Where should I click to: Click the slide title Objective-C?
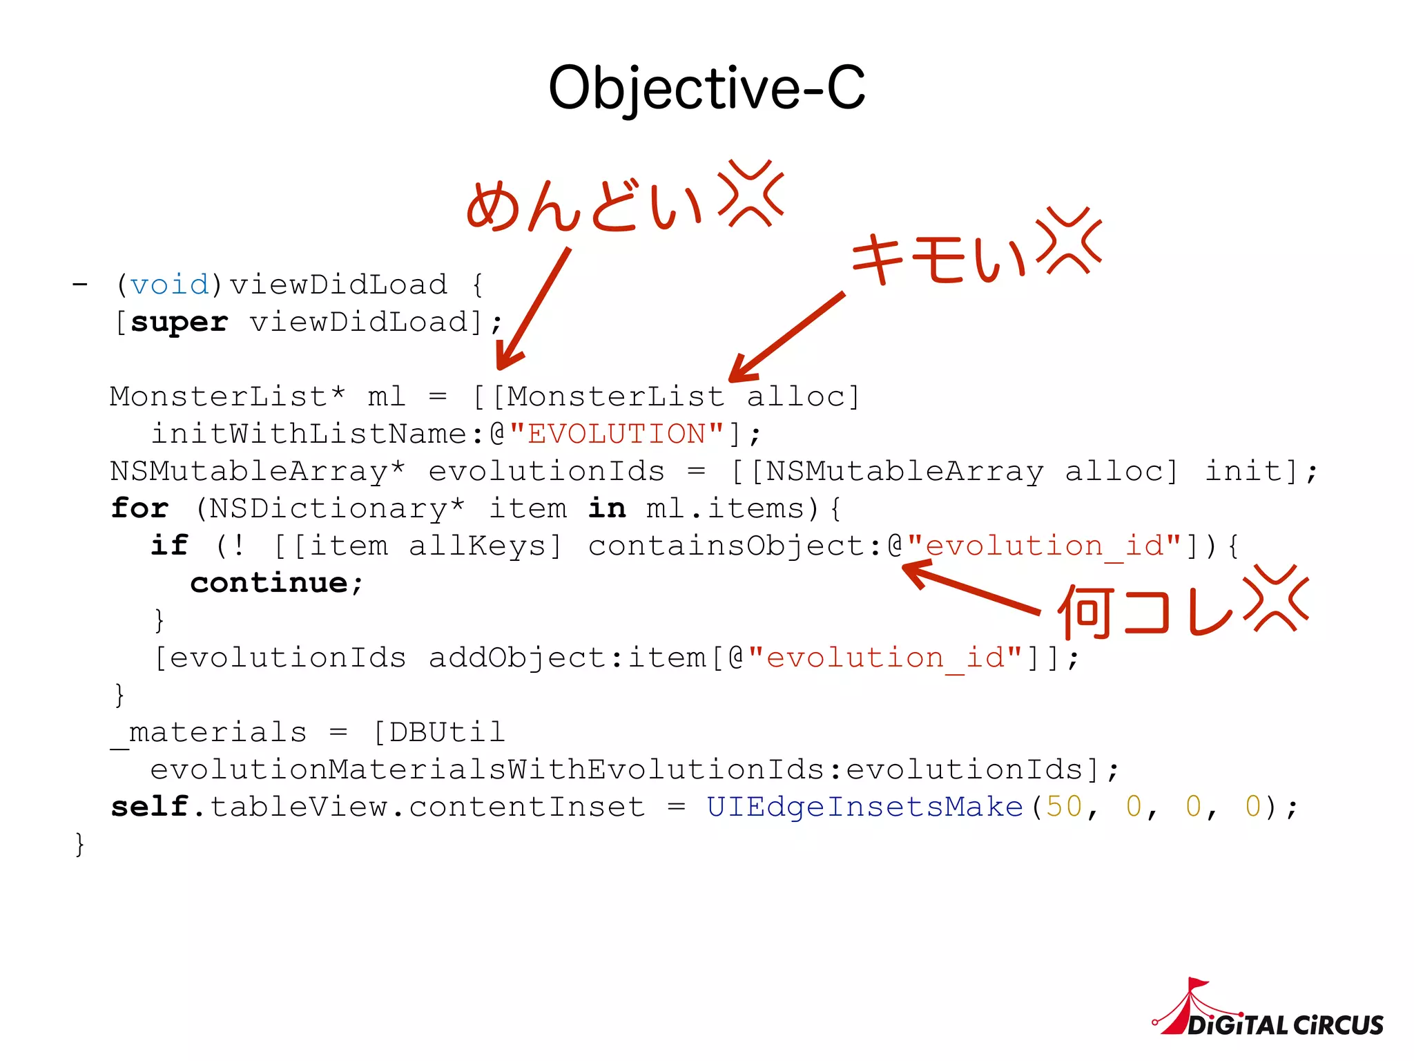coord(706,88)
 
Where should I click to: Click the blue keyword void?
coord(169,285)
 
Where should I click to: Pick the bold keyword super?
coord(179,323)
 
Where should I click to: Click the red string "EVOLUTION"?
coord(617,434)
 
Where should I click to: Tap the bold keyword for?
coord(139,509)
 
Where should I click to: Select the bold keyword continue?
coord(269,583)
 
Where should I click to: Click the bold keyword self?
coord(150,807)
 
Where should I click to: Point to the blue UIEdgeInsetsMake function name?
coord(864,807)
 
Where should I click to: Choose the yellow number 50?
coord(1064,807)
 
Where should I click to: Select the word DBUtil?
coord(447,732)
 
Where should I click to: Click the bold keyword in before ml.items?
coord(607,509)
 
